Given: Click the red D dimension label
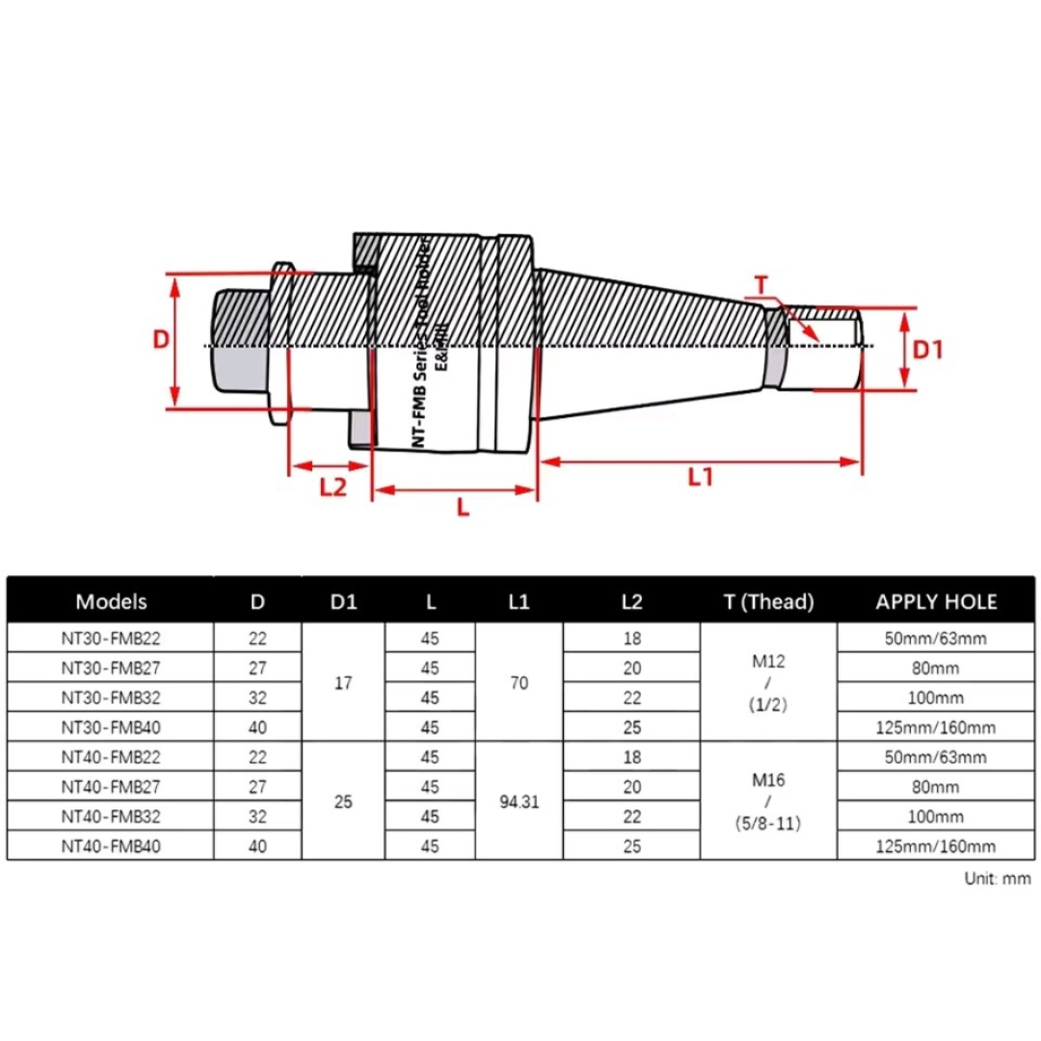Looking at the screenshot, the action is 161,340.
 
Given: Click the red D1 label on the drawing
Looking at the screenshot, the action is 927,350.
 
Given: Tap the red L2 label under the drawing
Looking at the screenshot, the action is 333,488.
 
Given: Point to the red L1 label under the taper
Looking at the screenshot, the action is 700,477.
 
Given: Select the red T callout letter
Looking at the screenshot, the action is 761,285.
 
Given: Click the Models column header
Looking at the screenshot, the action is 111,602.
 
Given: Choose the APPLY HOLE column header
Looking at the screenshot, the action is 936,602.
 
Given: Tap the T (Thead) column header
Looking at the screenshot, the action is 769,602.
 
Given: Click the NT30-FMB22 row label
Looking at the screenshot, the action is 111,638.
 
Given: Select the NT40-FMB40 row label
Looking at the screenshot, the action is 111,846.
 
